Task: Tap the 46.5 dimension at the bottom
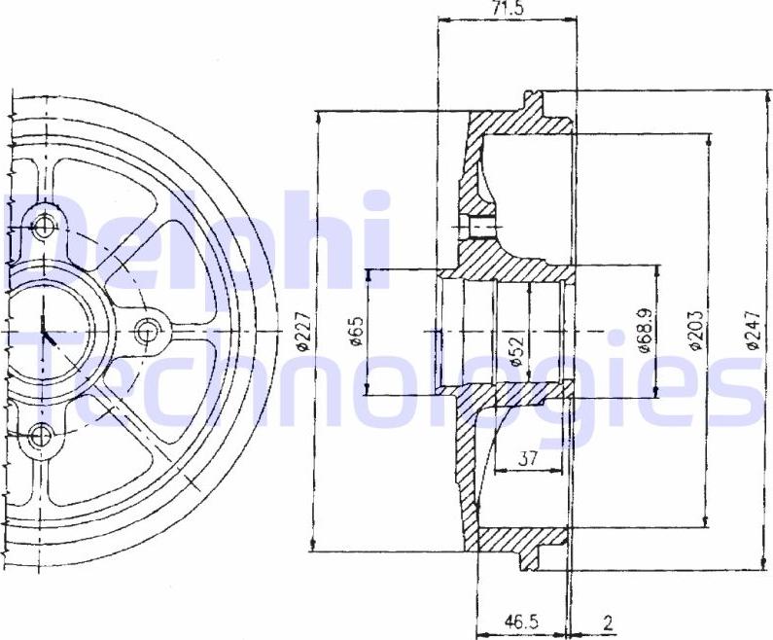click(x=522, y=621)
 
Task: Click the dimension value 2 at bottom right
click(x=607, y=621)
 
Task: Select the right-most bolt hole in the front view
click(x=148, y=332)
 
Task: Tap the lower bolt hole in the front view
click(x=42, y=435)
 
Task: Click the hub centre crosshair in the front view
click(x=44, y=332)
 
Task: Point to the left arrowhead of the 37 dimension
click(x=499, y=471)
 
